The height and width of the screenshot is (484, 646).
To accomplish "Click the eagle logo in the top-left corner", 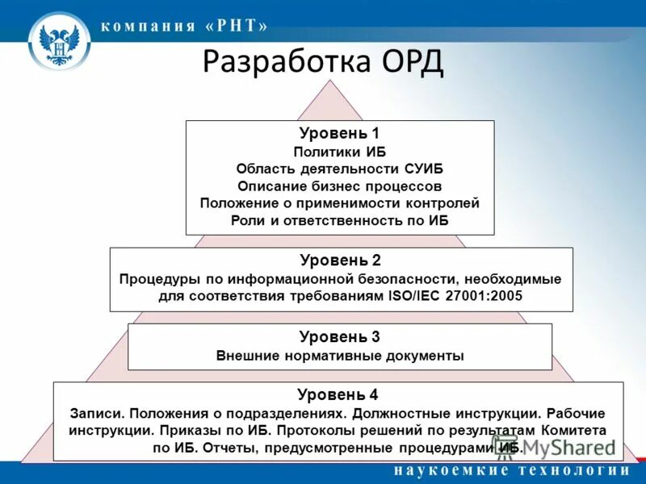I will [59, 44].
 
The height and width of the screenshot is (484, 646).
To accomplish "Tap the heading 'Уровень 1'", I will [339, 133].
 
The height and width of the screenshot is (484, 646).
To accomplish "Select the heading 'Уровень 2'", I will [340, 260].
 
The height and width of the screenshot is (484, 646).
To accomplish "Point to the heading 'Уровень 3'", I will [339, 336].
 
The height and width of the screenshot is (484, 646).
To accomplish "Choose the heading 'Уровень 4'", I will [338, 394].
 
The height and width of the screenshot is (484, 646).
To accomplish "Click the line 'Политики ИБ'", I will [339, 151].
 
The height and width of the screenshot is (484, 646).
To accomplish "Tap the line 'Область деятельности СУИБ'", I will [339, 169].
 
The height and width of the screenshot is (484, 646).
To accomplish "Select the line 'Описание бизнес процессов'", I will [339, 186].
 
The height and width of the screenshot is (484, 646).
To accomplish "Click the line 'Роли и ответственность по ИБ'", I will [339, 220].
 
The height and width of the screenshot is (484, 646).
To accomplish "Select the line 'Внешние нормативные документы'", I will [340, 355].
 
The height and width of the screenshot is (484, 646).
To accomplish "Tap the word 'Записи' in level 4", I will [97, 412].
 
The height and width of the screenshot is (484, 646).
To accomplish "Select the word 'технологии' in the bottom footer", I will [574, 471].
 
